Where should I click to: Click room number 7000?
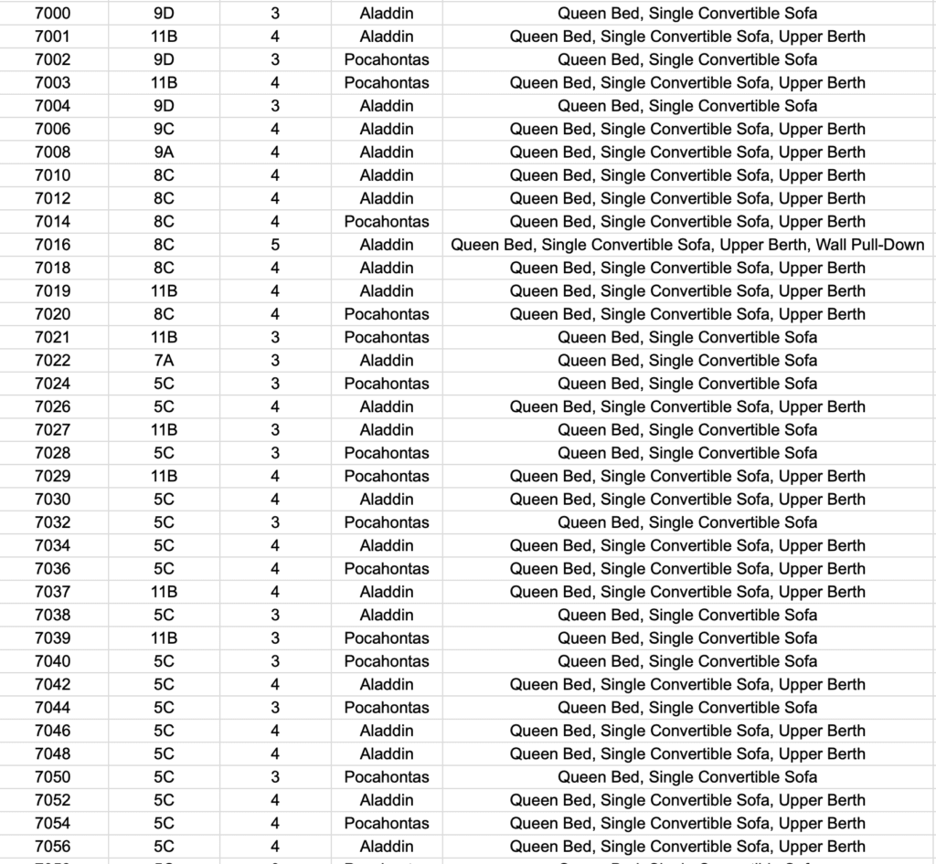(x=52, y=14)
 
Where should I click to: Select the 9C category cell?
(x=164, y=129)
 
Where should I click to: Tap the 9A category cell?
(x=164, y=153)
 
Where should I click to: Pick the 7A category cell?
(x=164, y=361)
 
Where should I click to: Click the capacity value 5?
(x=276, y=245)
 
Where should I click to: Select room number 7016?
(x=52, y=245)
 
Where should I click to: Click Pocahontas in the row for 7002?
(x=387, y=59)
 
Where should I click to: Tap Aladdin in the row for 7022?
(x=387, y=361)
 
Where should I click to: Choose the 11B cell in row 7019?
(x=164, y=291)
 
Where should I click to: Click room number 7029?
(x=52, y=476)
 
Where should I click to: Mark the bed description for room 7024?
(x=687, y=384)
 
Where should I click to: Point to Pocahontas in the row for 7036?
(x=387, y=568)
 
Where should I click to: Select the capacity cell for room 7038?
(x=276, y=615)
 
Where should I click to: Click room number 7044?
(x=52, y=707)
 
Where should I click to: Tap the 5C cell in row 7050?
(x=164, y=777)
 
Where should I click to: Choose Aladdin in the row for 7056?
(x=387, y=847)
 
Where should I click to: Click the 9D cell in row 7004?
(x=164, y=106)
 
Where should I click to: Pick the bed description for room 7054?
(x=687, y=823)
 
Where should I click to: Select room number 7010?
(x=52, y=175)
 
